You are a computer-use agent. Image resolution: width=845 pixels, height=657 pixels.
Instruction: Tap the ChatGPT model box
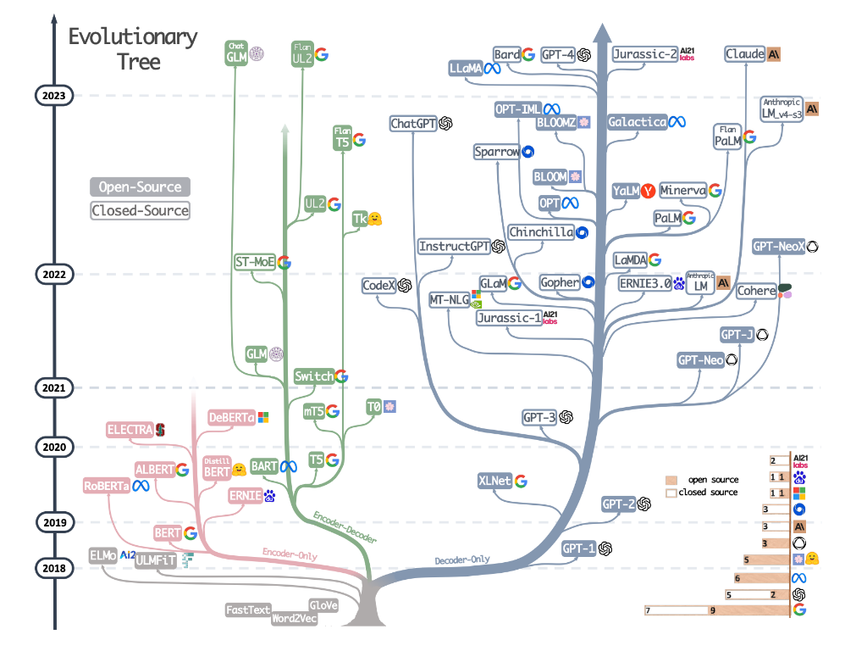coord(413,124)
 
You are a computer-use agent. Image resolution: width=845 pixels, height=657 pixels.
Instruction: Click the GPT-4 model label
coord(558,55)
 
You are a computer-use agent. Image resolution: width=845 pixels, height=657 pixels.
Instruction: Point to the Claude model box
coord(745,54)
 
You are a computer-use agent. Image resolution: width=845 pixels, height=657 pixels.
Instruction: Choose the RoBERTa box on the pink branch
coord(106,486)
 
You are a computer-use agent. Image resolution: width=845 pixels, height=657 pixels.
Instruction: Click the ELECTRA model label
coord(130,430)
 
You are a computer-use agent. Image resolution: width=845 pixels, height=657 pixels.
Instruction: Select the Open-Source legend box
coord(140,187)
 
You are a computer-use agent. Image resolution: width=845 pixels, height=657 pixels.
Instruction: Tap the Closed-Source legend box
coord(140,210)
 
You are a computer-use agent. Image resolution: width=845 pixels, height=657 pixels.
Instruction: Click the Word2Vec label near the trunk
coord(294,619)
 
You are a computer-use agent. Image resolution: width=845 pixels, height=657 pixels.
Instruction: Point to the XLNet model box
coord(494,481)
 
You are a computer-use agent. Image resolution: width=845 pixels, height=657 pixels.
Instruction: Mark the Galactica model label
coord(637,122)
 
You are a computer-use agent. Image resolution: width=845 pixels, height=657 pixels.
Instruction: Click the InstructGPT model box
coord(455,246)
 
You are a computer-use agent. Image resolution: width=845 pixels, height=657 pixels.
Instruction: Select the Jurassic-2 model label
coord(645,55)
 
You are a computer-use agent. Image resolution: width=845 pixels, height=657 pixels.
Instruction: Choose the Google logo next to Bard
coord(528,55)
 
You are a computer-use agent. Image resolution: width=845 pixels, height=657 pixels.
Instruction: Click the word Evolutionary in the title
coord(133,37)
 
